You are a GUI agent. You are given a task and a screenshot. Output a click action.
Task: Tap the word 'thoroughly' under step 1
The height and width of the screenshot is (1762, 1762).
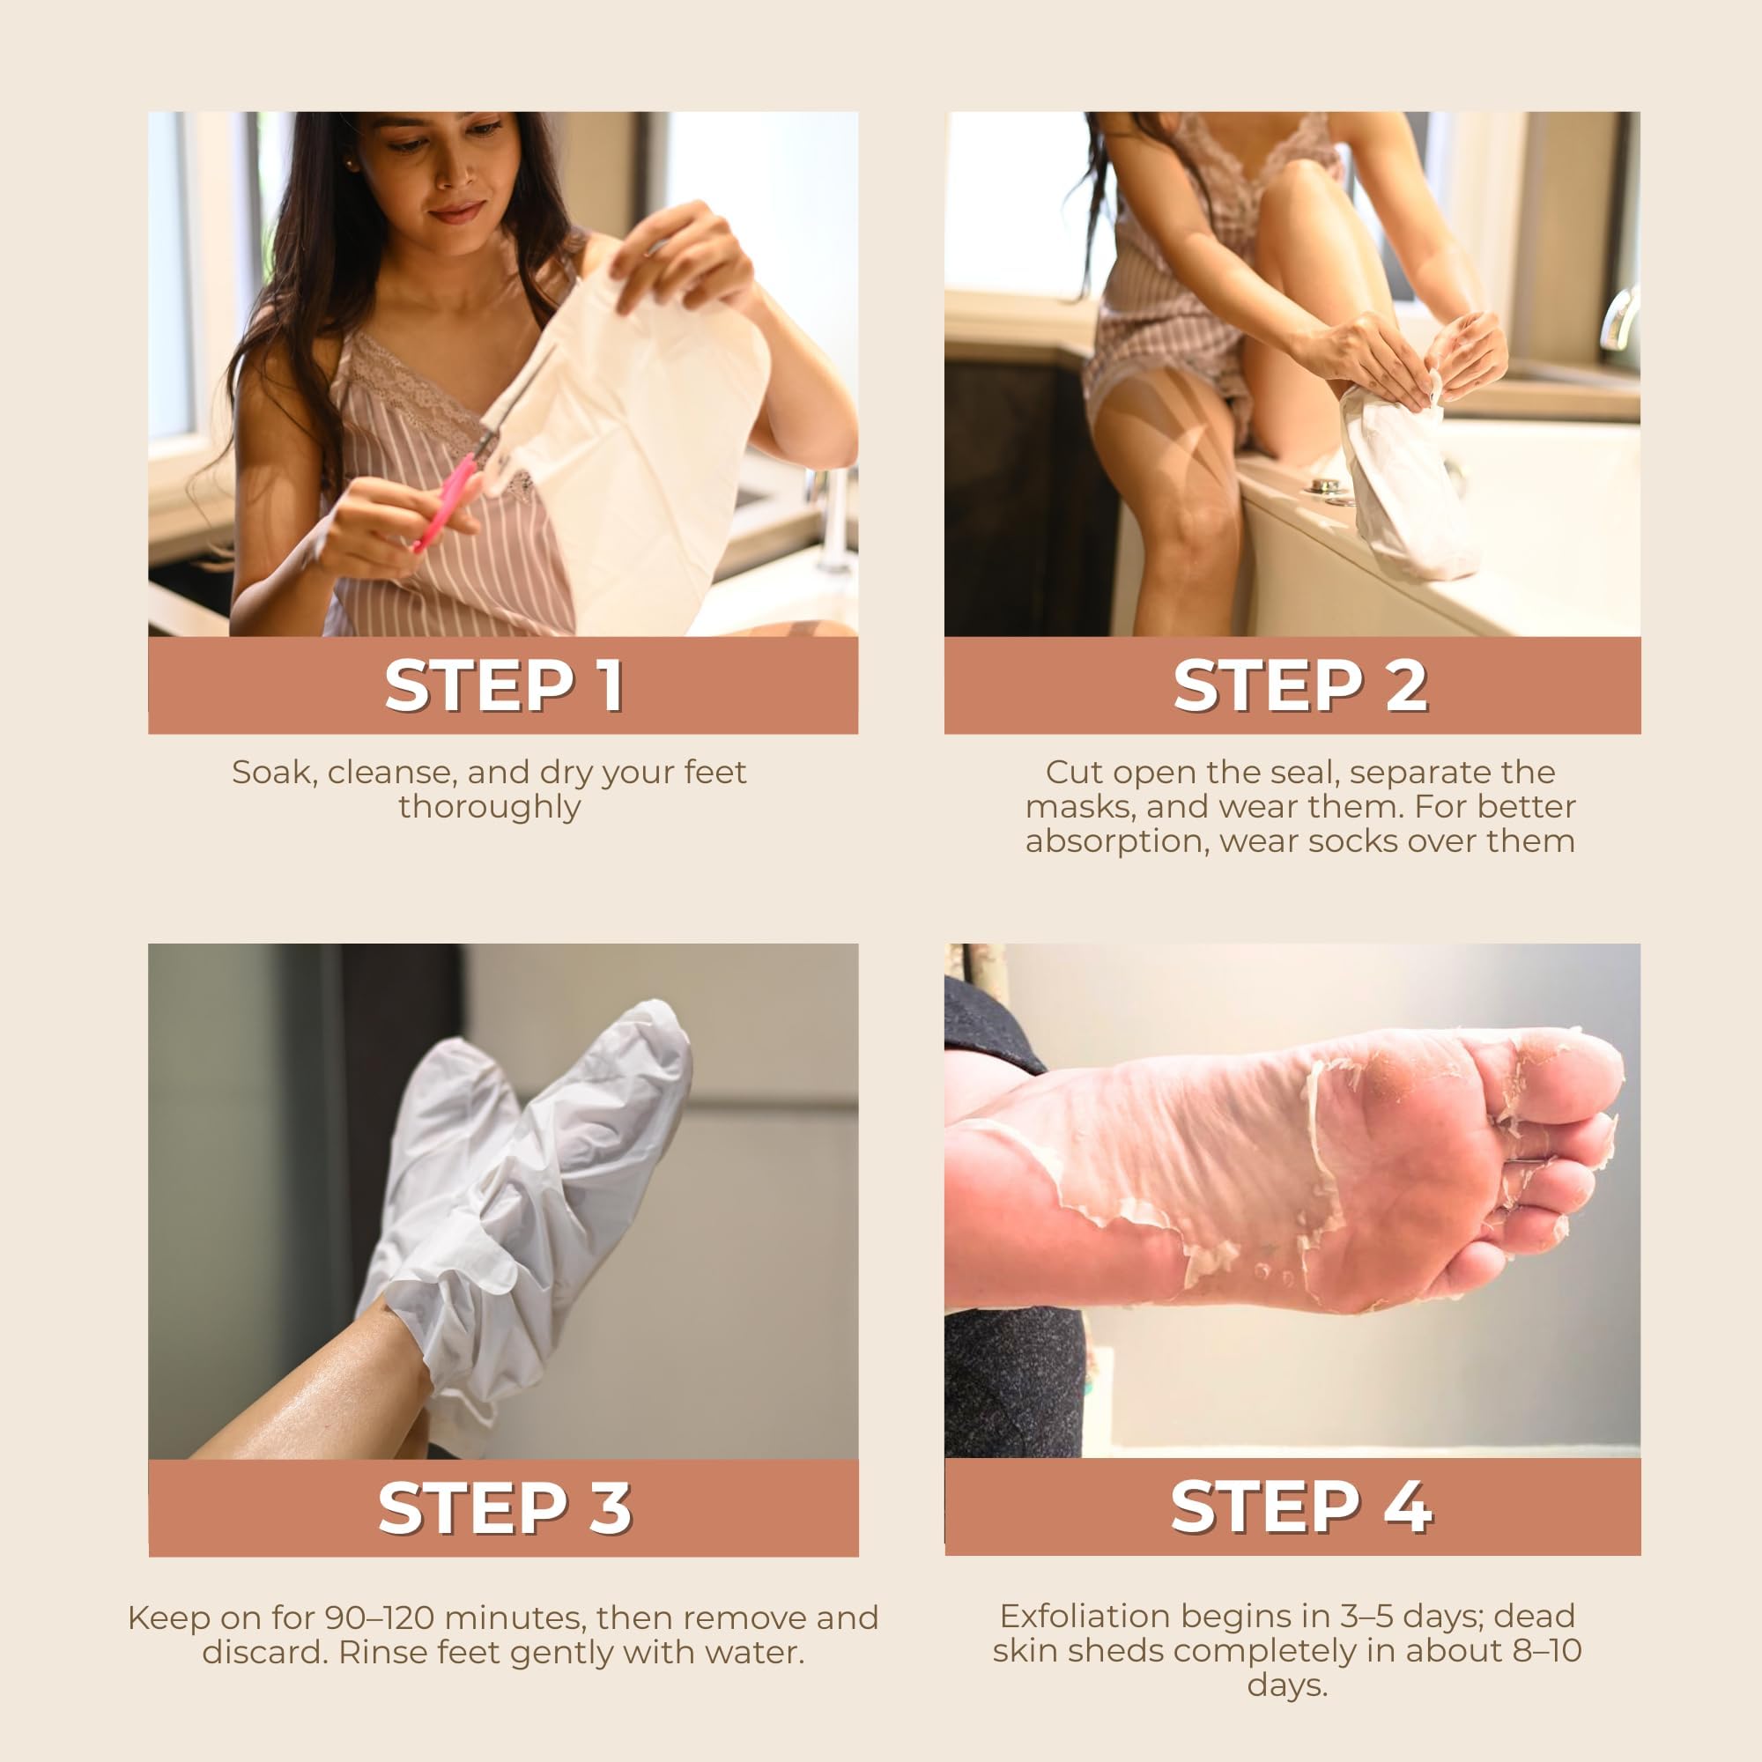490,808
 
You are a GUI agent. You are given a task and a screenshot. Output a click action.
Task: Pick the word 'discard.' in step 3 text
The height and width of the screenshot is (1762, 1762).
264,1653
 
